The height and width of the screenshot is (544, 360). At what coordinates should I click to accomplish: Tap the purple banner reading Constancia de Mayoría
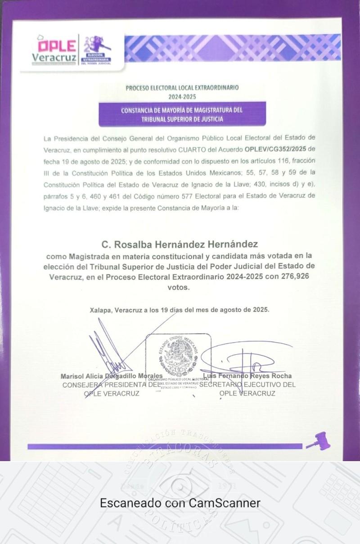pos(182,114)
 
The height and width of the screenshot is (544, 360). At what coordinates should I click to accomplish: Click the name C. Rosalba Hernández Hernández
pos(180,245)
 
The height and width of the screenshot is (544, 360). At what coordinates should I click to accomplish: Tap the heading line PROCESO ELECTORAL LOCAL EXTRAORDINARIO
pos(182,88)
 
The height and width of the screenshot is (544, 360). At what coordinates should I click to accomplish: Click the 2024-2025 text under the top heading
pos(182,96)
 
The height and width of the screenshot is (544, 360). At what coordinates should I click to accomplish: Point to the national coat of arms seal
pos(179,358)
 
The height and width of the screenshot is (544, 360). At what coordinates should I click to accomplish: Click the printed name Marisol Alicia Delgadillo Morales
pos(112,376)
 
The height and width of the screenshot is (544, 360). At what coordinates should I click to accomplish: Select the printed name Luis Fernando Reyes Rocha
pos(247,376)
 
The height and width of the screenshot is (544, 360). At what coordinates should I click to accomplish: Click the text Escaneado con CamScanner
pos(180,503)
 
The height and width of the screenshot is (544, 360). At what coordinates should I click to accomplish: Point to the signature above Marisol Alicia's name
pos(106,351)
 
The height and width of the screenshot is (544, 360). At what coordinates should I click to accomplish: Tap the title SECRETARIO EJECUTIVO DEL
pos(247,385)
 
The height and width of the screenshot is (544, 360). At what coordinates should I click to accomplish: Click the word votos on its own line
pos(180,287)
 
